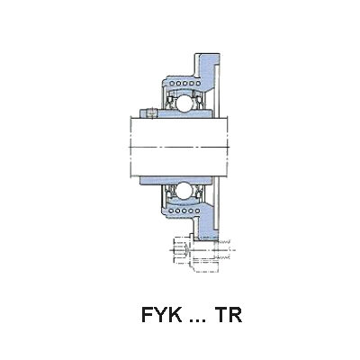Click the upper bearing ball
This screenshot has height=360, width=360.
(184, 103)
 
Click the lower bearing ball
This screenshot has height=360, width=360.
(184, 191)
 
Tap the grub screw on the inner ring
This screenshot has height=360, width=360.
(152, 113)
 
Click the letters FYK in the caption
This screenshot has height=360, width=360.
(162, 315)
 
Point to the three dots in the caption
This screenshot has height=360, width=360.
(198, 320)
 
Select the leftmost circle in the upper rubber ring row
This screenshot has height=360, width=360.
(171, 84)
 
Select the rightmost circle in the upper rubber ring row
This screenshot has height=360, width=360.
(197, 84)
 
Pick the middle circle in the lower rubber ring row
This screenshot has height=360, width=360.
(184, 211)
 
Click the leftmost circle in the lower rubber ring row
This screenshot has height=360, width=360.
(171, 211)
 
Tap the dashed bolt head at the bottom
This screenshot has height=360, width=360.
(182, 249)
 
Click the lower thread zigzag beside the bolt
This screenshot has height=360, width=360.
(222, 257)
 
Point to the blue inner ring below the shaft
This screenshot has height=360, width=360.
(176, 180)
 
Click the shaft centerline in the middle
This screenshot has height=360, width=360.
(179, 147)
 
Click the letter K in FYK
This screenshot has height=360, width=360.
(175, 315)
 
